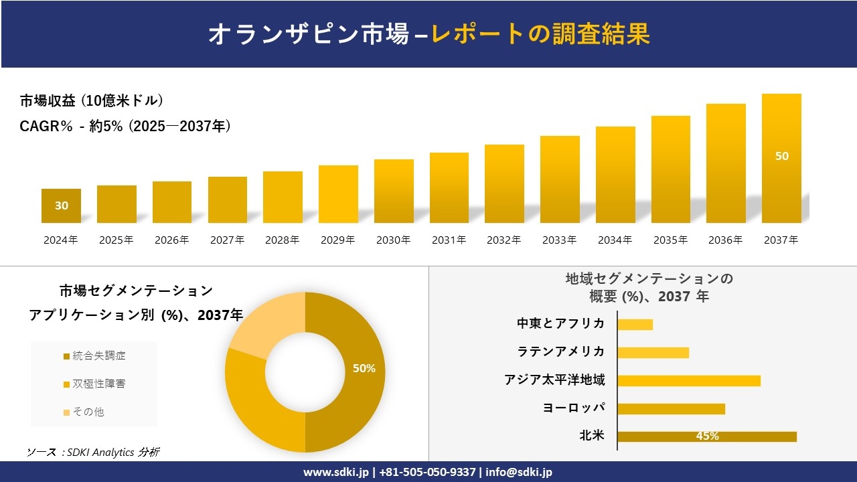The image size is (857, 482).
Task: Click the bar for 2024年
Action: coord(61,206)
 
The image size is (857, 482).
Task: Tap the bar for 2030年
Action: coord(394,191)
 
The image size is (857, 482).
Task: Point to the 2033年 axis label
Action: coord(559,240)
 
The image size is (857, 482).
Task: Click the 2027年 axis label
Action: coord(227,240)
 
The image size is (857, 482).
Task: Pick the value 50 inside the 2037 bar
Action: coord(781,156)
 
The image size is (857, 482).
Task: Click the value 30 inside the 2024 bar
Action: coord(61,206)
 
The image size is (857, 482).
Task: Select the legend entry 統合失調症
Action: coord(94,355)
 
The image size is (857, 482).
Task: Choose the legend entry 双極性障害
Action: coord(94,384)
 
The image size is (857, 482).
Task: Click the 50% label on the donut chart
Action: coord(364,368)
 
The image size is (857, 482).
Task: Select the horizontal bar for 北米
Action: coord(706,436)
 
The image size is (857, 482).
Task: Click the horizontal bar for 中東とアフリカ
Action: coord(635,324)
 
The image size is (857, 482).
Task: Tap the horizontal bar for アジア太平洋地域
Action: coord(688,380)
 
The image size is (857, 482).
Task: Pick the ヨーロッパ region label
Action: coord(574,408)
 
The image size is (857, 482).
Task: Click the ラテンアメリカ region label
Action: coord(561,351)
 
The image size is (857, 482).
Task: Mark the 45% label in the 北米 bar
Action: coord(707,436)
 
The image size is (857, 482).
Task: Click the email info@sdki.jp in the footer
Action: coord(519,472)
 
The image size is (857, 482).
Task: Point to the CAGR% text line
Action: coord(125,126)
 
